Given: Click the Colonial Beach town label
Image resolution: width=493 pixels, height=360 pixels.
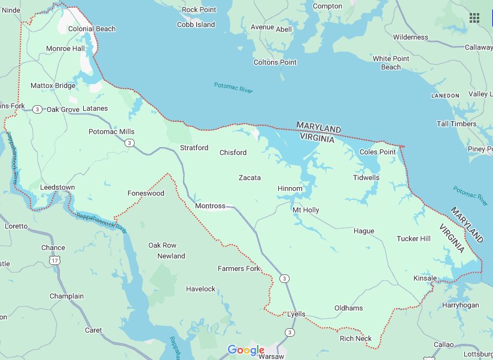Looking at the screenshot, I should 92,29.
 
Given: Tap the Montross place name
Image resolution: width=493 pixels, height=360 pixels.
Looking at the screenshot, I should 210,206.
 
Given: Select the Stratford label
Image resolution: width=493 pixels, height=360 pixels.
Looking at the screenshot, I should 194,148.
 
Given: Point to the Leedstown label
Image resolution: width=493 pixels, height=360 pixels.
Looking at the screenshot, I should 57,187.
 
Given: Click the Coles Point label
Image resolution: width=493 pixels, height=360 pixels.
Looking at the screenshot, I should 378,152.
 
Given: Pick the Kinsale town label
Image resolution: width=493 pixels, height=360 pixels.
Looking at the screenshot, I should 425,278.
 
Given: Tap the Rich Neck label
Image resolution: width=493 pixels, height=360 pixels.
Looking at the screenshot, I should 355,338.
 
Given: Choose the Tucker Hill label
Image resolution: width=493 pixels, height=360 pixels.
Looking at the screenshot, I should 413,239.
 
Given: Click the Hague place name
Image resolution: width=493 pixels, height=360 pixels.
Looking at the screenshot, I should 364,231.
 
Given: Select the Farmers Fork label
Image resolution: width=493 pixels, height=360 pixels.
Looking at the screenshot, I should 239,269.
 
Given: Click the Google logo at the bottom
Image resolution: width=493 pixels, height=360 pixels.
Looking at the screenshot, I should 246,350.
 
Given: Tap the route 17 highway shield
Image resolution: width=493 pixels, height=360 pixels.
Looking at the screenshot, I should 55,260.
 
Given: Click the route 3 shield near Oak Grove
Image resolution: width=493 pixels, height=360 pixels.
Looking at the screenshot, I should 38,109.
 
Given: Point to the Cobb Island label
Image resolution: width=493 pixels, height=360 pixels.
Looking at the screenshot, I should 196,25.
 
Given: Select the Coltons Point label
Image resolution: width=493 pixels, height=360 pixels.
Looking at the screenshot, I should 275,62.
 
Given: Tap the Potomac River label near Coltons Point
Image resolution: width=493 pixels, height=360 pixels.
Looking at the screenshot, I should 233,87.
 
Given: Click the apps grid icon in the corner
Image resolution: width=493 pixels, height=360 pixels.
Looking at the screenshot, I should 474,17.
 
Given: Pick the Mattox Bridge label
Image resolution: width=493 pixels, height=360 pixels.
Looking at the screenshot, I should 53,86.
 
